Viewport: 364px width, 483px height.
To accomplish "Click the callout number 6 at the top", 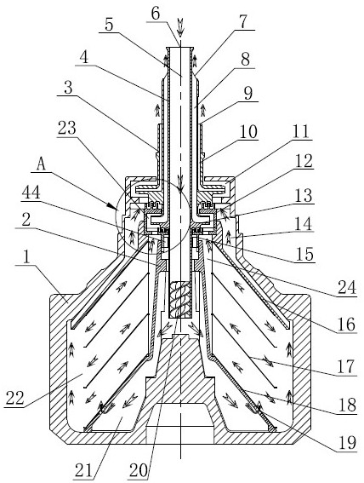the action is coord(156,14).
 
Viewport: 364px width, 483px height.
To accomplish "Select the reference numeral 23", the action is coord(67,128).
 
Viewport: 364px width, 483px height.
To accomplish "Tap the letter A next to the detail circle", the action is coord(41,164).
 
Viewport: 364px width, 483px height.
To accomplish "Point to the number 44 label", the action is coord(31,193).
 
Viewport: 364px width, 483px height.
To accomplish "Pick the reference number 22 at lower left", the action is coord(14,398).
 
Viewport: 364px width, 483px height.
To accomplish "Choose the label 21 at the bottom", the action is coord(83,470).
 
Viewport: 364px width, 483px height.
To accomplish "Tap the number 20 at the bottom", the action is coord(139,470).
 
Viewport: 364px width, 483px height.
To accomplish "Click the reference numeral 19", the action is coord(347,443).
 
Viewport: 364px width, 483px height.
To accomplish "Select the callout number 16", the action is coord(346,325).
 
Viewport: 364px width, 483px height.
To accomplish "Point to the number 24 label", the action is coord(347,288).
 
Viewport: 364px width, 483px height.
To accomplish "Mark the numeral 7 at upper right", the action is coord(243,22).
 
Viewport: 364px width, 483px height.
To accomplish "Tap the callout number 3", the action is coord(68,88).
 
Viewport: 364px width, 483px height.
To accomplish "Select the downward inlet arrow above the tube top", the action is coord(180,27).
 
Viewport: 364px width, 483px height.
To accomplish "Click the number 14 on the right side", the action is coord(303,224).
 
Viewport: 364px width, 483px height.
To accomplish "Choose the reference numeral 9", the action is coord(248,94).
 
